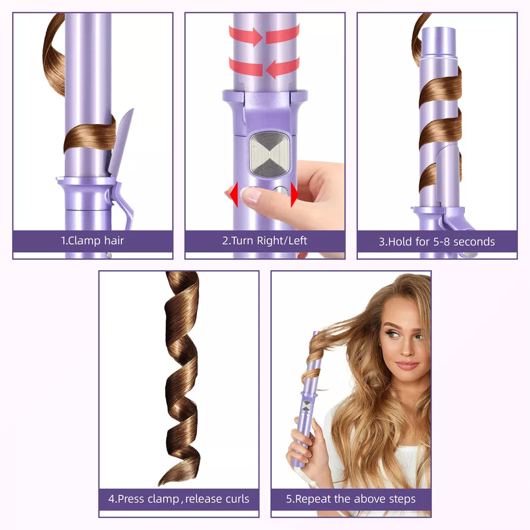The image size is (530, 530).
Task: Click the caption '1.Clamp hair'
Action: [x=92, y=241]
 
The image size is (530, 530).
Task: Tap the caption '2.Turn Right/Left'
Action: [x=264, y=241]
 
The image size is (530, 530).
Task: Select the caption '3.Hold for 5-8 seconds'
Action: [x=437, y=242]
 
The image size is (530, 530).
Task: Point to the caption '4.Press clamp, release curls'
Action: [x=179, y=499]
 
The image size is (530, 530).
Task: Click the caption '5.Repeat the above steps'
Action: [x=351, y=499]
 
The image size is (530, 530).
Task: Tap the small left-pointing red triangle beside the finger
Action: [x=234, y=195]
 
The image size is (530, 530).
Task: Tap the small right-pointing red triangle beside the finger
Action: [x=294, y=195]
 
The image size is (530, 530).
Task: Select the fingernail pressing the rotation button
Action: [x=251, y=195]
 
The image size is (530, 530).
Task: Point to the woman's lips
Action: [x=407, y=365]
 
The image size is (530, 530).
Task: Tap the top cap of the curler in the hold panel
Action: [x=438, y=41]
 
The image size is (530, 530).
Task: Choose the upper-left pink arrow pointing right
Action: [x=246, y=36]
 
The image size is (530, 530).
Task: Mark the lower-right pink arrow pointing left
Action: [x=282, y=68]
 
